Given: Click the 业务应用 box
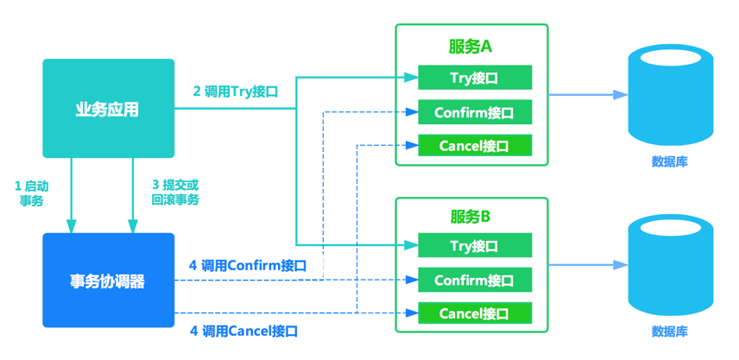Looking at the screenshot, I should [x=108, y=109].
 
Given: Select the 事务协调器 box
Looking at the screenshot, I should [x=108, y=281].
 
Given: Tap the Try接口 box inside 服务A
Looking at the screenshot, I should [x=474, y=78].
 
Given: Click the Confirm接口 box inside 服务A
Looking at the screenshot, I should [x=474, y=112].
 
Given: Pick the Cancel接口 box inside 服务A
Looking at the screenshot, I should [x=474, y=146].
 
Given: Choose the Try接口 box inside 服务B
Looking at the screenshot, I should [x=474, y=245].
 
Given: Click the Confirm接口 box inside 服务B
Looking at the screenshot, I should [x=474, y=280].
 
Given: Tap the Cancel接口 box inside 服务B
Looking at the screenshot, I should [x=474, y=313].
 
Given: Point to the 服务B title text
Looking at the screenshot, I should [x=471, y=216].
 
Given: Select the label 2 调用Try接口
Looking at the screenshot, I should [x=235, y=91].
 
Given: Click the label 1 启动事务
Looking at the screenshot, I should [x=31, y=193].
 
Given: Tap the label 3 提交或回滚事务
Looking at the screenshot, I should [x=175, y=193].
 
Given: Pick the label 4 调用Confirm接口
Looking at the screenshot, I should [x=248, y=266].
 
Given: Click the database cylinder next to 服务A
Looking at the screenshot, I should [x=670, y=95].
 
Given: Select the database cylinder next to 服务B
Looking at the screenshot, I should [x=670, y=265].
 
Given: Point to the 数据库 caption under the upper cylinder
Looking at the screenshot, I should [x=670, y=161].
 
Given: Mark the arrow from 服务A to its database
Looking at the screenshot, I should [x=587, y=95].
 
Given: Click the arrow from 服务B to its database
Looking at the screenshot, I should [x=587, y=264].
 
